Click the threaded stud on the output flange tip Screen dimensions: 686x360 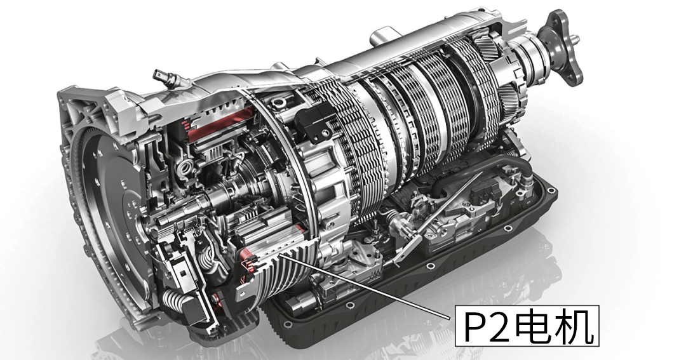pyautogui.click(x=574, y=39)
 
